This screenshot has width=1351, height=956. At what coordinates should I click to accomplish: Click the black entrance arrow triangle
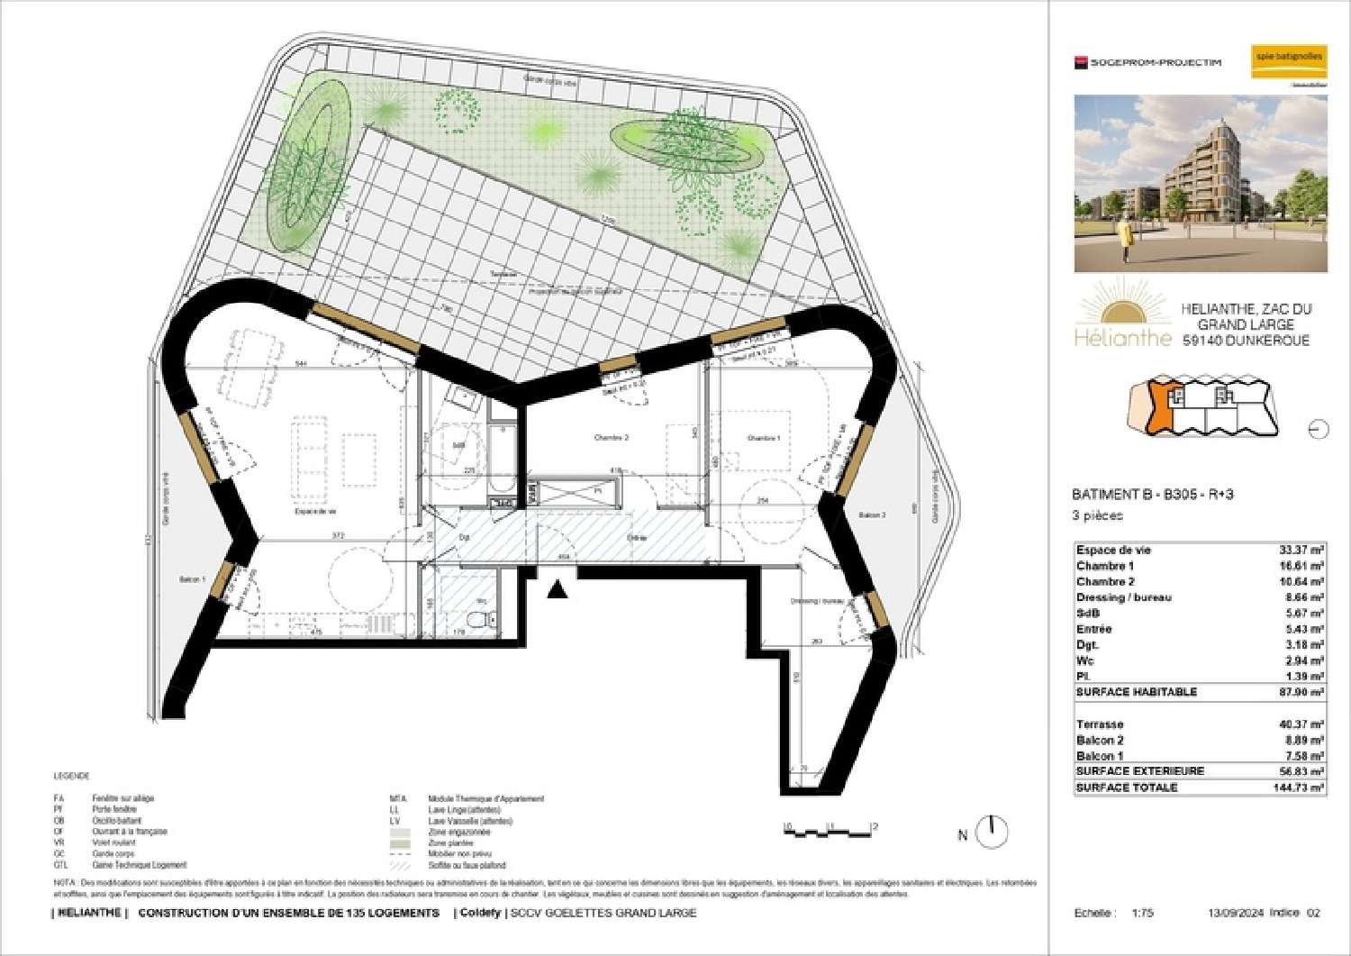coord(558,589)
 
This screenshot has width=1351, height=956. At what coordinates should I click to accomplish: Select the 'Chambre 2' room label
coord(611,438)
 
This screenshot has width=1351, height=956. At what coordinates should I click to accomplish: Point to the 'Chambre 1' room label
coord(763,438)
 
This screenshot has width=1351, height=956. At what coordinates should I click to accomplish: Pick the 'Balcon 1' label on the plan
coord(191,579)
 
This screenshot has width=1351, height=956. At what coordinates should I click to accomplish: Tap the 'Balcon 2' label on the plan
coord(871,514)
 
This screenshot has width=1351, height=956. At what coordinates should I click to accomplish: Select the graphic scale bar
coord(830,829)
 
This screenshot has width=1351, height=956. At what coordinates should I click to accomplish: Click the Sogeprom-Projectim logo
coord(1147,62)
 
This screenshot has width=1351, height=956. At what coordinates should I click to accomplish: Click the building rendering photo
coord(1200,184)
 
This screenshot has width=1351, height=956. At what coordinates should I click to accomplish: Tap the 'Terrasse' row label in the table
coord(1100,724)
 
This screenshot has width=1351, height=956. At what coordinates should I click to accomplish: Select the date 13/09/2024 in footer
coord(1235,913)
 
